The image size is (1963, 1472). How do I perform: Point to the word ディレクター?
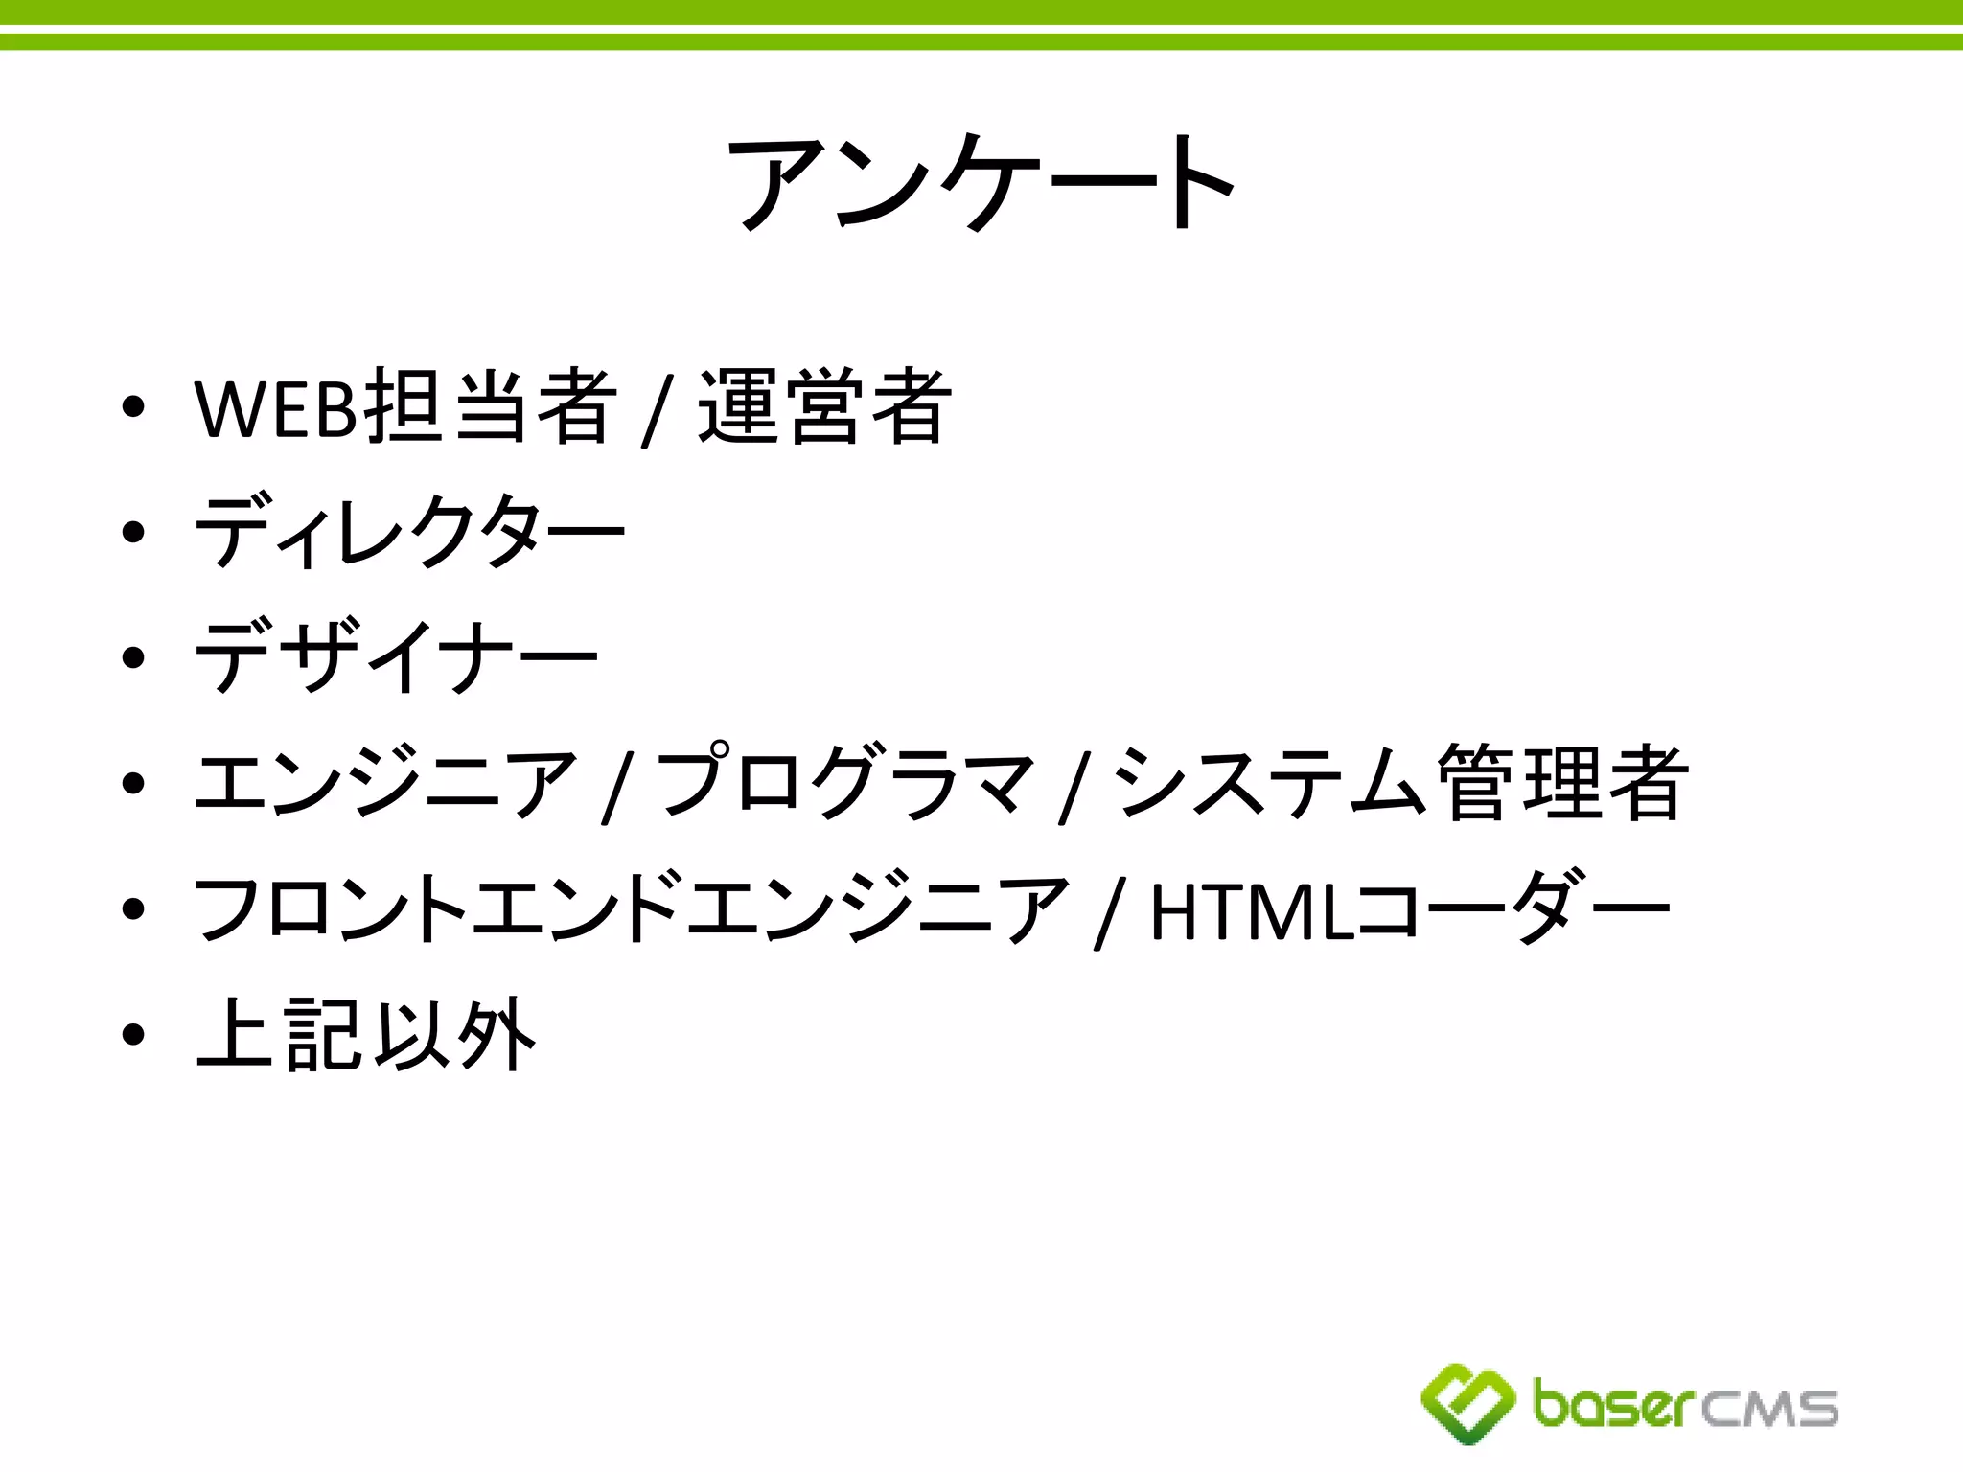tap(409, 533)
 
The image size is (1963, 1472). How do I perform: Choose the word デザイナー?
tap(396, 657)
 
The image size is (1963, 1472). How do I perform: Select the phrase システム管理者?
tap(1398, 782)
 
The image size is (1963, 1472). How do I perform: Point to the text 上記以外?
tap(365, 1034)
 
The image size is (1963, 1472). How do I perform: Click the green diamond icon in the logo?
tap(1466, 1403)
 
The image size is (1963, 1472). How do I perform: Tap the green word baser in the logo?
tap(1614, 1405)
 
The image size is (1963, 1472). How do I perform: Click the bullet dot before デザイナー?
tap(133, 658)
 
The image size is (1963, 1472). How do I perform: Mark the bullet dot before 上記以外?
tap(133, 1035)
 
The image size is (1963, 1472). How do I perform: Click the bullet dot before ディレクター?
tap(133, 533)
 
